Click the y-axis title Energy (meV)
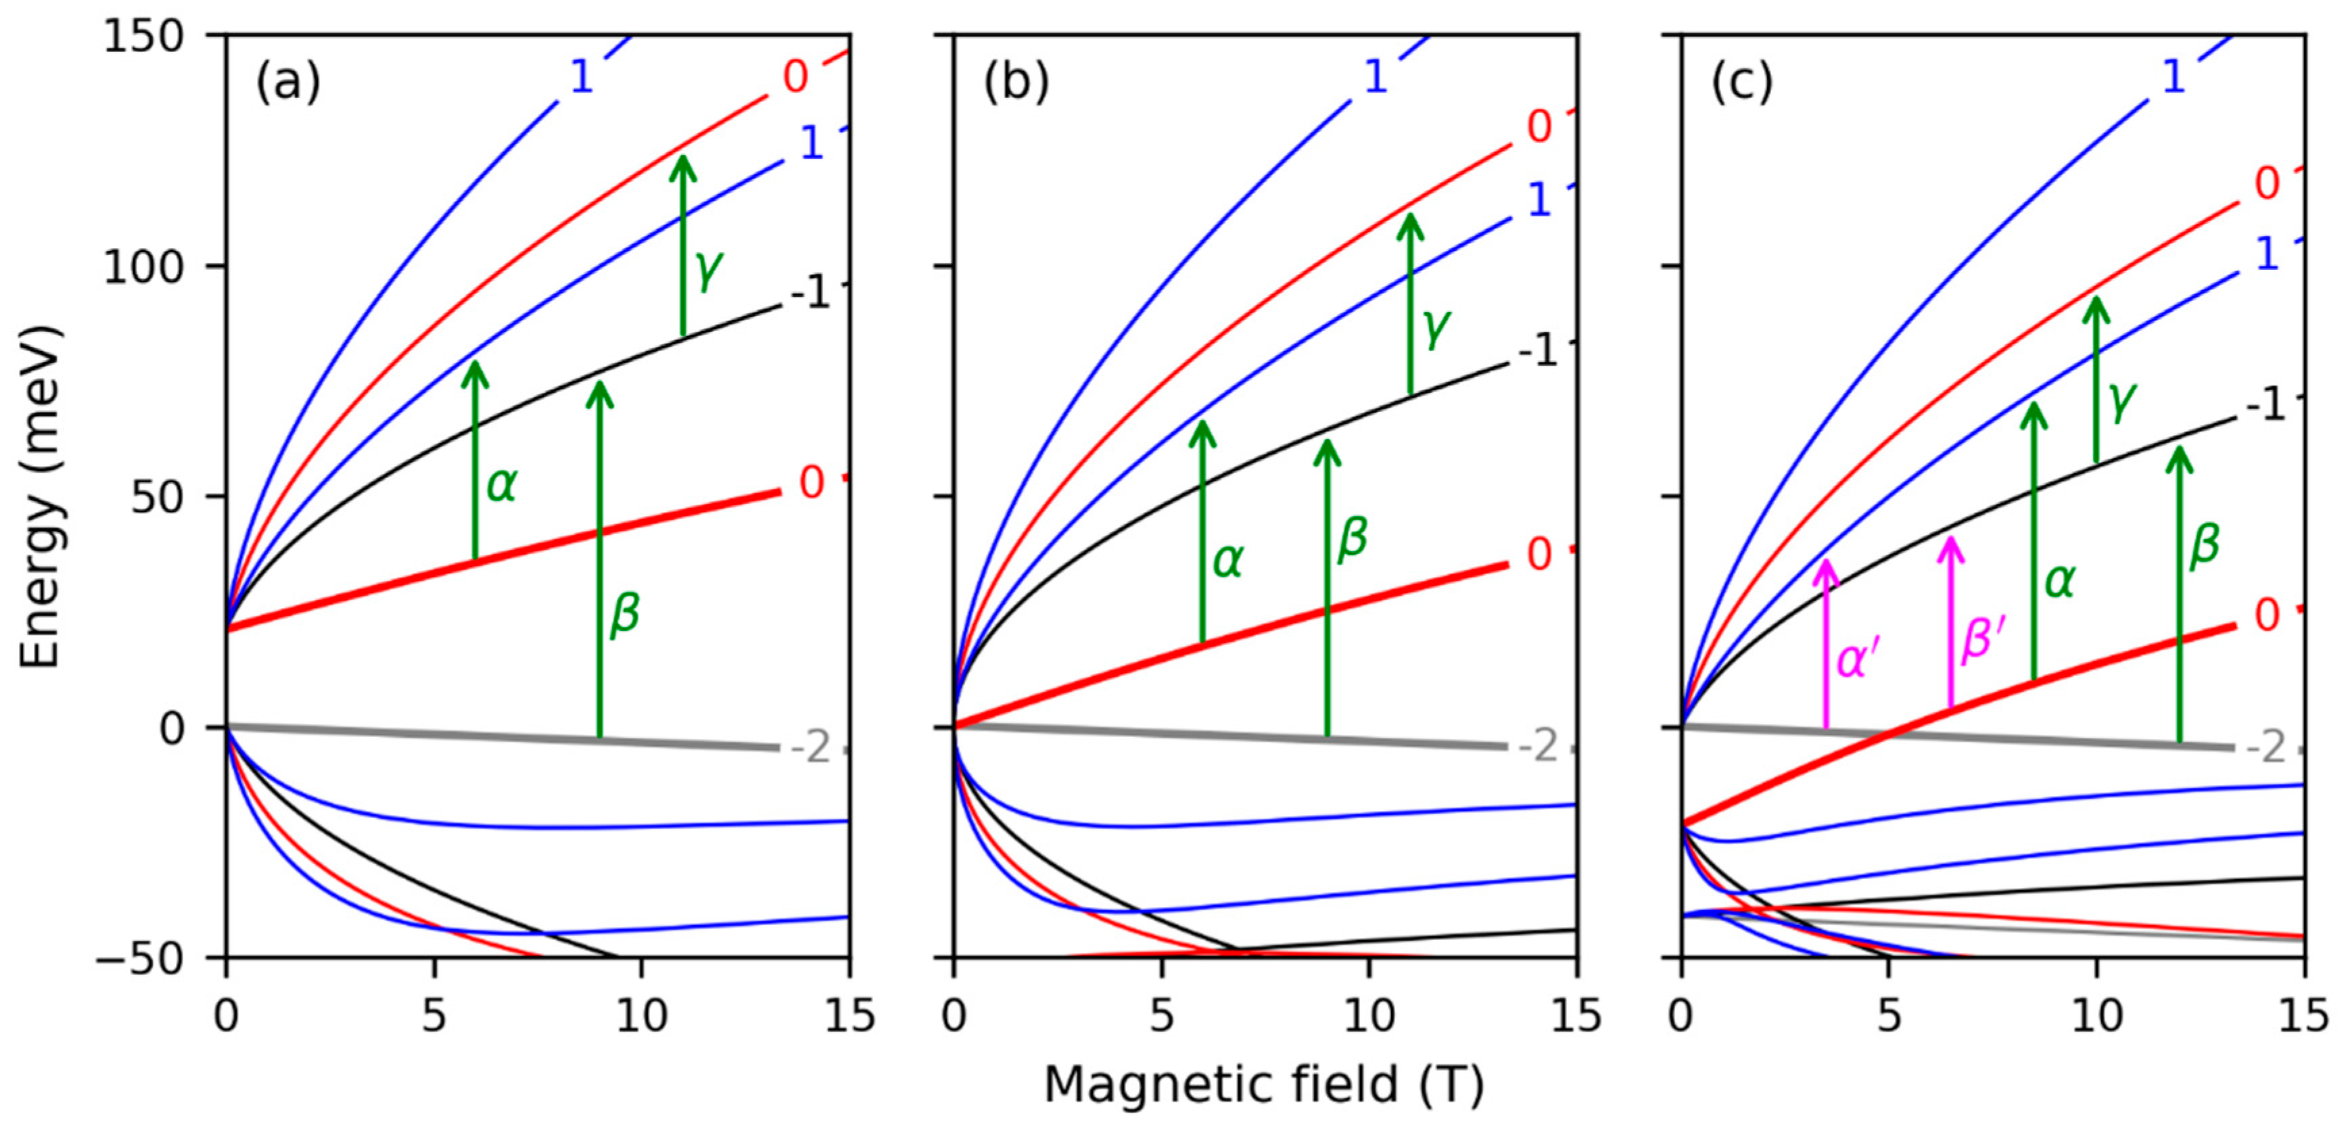42,496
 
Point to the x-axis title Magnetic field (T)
1263,1085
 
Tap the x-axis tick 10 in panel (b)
1369,1016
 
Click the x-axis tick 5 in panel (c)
1889,1016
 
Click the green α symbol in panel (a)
502,485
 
